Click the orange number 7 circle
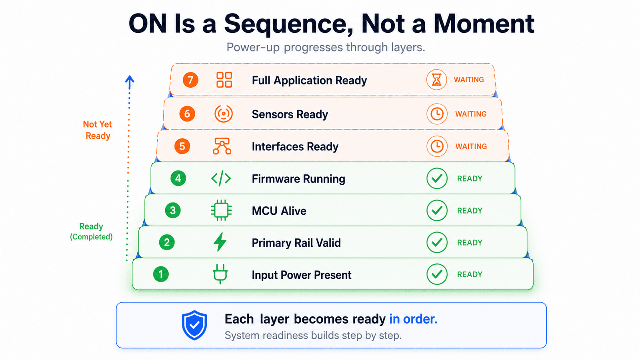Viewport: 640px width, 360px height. click(190, 80)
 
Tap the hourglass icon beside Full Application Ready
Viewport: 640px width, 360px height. click(436, 80)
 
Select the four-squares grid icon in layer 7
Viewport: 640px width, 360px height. click(224, 80)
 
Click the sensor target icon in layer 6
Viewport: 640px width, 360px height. click(224, 114)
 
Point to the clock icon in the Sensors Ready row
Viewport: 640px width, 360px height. click(437, 114)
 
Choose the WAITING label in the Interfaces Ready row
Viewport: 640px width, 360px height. click(471, 146)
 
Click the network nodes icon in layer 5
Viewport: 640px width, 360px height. click(222, 146)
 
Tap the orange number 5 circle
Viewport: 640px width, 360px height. click(182, 146)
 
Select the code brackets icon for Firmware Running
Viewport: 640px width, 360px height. click(221, 178)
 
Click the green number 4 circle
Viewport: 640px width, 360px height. click(178, 178)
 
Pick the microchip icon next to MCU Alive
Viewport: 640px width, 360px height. click(221, 210)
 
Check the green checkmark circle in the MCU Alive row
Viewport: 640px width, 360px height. click(437, 210)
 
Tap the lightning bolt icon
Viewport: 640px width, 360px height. click(220, 242)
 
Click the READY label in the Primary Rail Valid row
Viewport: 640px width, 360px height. click(470, 242)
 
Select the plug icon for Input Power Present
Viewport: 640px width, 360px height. click(220, 274)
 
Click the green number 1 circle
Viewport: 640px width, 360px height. click(161, 274)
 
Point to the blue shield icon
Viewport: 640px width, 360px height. click(194, 325)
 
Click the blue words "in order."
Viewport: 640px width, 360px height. click(413, 319)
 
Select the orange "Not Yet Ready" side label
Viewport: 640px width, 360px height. click(98, 130)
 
